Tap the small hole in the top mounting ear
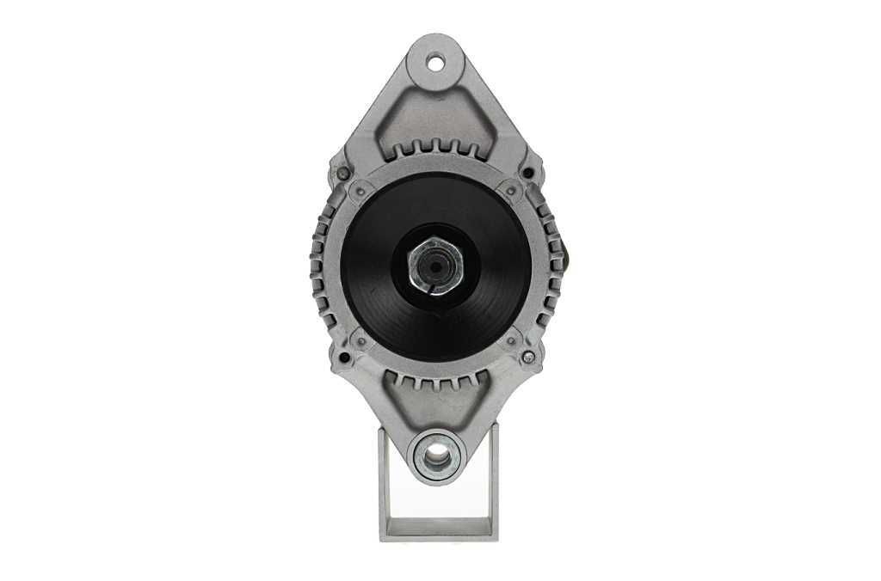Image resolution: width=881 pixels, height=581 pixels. (435, 62)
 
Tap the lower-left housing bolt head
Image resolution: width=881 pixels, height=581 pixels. (344, 357)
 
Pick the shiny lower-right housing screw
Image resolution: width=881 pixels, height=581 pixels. (528, 356)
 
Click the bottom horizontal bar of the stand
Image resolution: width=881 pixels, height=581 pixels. (439, 529)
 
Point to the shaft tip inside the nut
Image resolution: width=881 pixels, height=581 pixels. (434, 267)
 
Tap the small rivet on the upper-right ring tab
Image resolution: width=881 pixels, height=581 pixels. (511, 191)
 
